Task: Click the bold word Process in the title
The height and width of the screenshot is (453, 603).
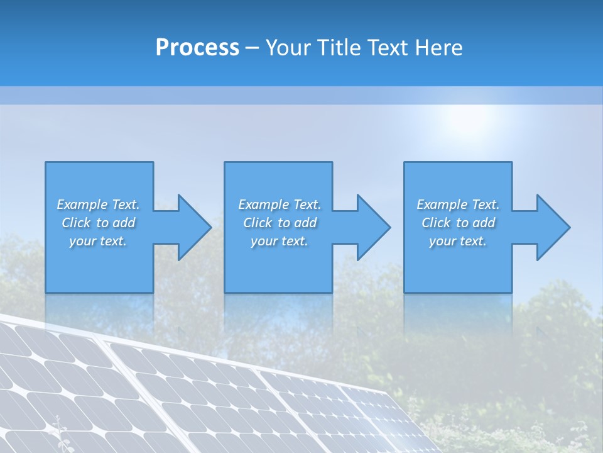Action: (197, 48)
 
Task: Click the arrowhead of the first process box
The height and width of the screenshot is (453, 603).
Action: (194, 227)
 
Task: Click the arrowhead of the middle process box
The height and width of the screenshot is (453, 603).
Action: (374, 227)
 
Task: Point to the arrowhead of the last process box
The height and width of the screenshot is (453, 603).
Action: (553, 227)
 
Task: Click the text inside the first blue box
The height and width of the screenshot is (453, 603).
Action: (99, 223)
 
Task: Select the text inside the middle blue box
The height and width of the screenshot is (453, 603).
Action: (280, 223)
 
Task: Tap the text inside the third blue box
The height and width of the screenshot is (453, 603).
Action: (458, 223)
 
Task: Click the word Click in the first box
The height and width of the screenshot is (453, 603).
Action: (77, 223)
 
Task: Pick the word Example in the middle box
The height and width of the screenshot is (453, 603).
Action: (263, 204)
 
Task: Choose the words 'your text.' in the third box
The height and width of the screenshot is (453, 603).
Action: (458, 241)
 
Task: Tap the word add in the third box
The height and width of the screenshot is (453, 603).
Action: (484, 223)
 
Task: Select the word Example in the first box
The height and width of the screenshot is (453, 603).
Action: (82, 204)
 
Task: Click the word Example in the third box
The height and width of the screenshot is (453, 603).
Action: (442, 204)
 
